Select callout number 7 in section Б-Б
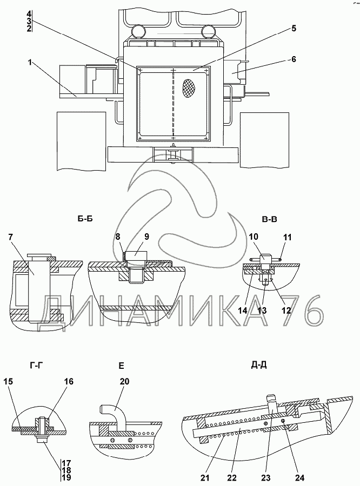(x=12, y=238)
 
